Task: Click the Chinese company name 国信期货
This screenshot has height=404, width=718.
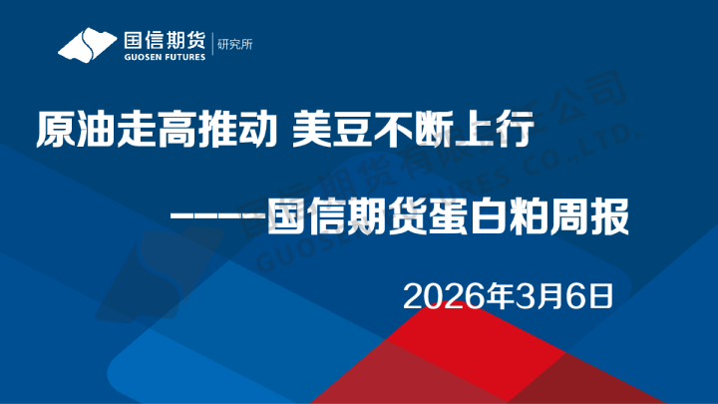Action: coord(165,40)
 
